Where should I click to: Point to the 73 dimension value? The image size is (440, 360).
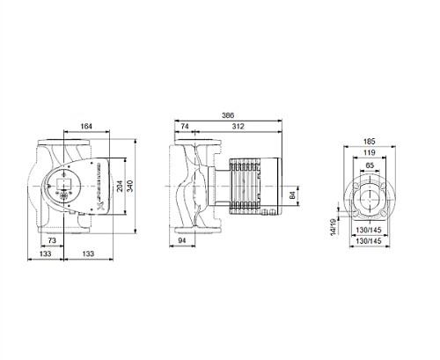pyautogui.click(x=53, y=239)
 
